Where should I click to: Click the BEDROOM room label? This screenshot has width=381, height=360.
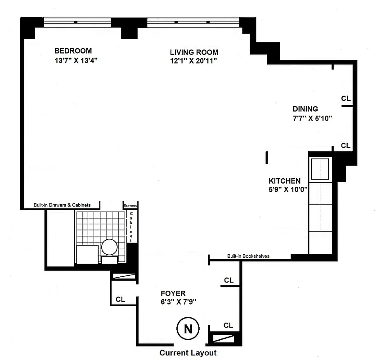[73, 50]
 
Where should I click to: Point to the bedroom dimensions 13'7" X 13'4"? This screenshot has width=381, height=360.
[74, 60]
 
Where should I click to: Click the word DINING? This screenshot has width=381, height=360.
[305, 108]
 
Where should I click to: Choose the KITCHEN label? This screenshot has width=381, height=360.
[284, 180]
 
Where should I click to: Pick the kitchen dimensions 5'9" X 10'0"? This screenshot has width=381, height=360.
[287, 189]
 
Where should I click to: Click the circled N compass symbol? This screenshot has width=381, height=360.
[185, 329]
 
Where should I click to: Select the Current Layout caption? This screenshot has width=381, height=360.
[188, 353]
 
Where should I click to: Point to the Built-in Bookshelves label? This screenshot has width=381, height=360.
[248, 256]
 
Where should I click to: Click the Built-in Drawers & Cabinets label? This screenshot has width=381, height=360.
[62, 205]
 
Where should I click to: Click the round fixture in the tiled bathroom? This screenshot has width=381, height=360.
[109, 247]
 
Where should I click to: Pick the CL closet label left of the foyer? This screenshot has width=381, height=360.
[121, 299]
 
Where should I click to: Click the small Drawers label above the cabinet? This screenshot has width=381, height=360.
[130, 205]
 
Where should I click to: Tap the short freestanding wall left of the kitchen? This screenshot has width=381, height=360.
[267, 157]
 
